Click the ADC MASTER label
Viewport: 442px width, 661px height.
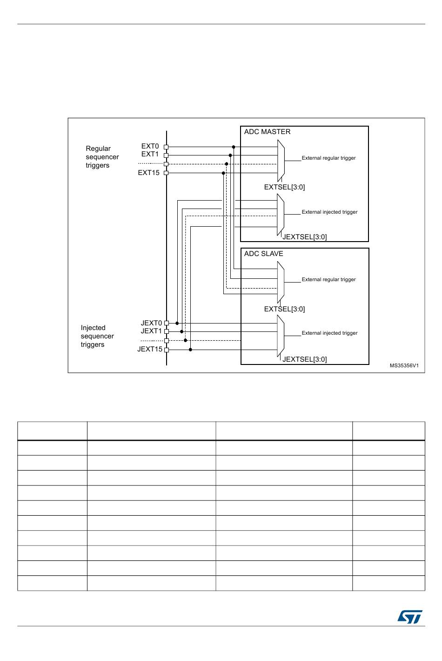[x=267, y=132]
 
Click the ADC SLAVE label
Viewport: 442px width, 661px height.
[x=263, y=254]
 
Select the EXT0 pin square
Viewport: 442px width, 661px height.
[x=166, y=147]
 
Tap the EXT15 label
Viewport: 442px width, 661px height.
[x=148, y=173]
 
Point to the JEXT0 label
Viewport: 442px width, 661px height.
[x=151, y=323]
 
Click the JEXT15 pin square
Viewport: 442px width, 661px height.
[x=166, y=350]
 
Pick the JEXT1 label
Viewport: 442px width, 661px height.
[x=151, y=331]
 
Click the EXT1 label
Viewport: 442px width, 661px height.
[x=150, y=154]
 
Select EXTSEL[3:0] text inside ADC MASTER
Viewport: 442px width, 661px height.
[x=284, y=187]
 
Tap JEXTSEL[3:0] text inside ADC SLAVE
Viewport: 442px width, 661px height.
[x=304, y=359]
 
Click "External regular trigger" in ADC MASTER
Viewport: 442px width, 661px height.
[x=328, y=158]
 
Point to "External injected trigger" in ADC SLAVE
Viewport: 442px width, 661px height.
[x=329, y=333]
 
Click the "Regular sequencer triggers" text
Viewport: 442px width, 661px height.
[x=102, y=157]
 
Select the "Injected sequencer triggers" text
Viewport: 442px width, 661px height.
[x=97, y=336]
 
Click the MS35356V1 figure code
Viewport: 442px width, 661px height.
[x=404, y=366]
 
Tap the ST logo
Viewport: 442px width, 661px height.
[x=409, y=617]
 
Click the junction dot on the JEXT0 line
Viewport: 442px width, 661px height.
[x=177, y=323]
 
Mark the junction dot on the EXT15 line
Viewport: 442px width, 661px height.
[x=223, y=173]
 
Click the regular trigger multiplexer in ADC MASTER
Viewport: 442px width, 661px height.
[x=281, y=161]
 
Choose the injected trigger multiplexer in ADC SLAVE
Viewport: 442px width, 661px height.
[x=281, y=336]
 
